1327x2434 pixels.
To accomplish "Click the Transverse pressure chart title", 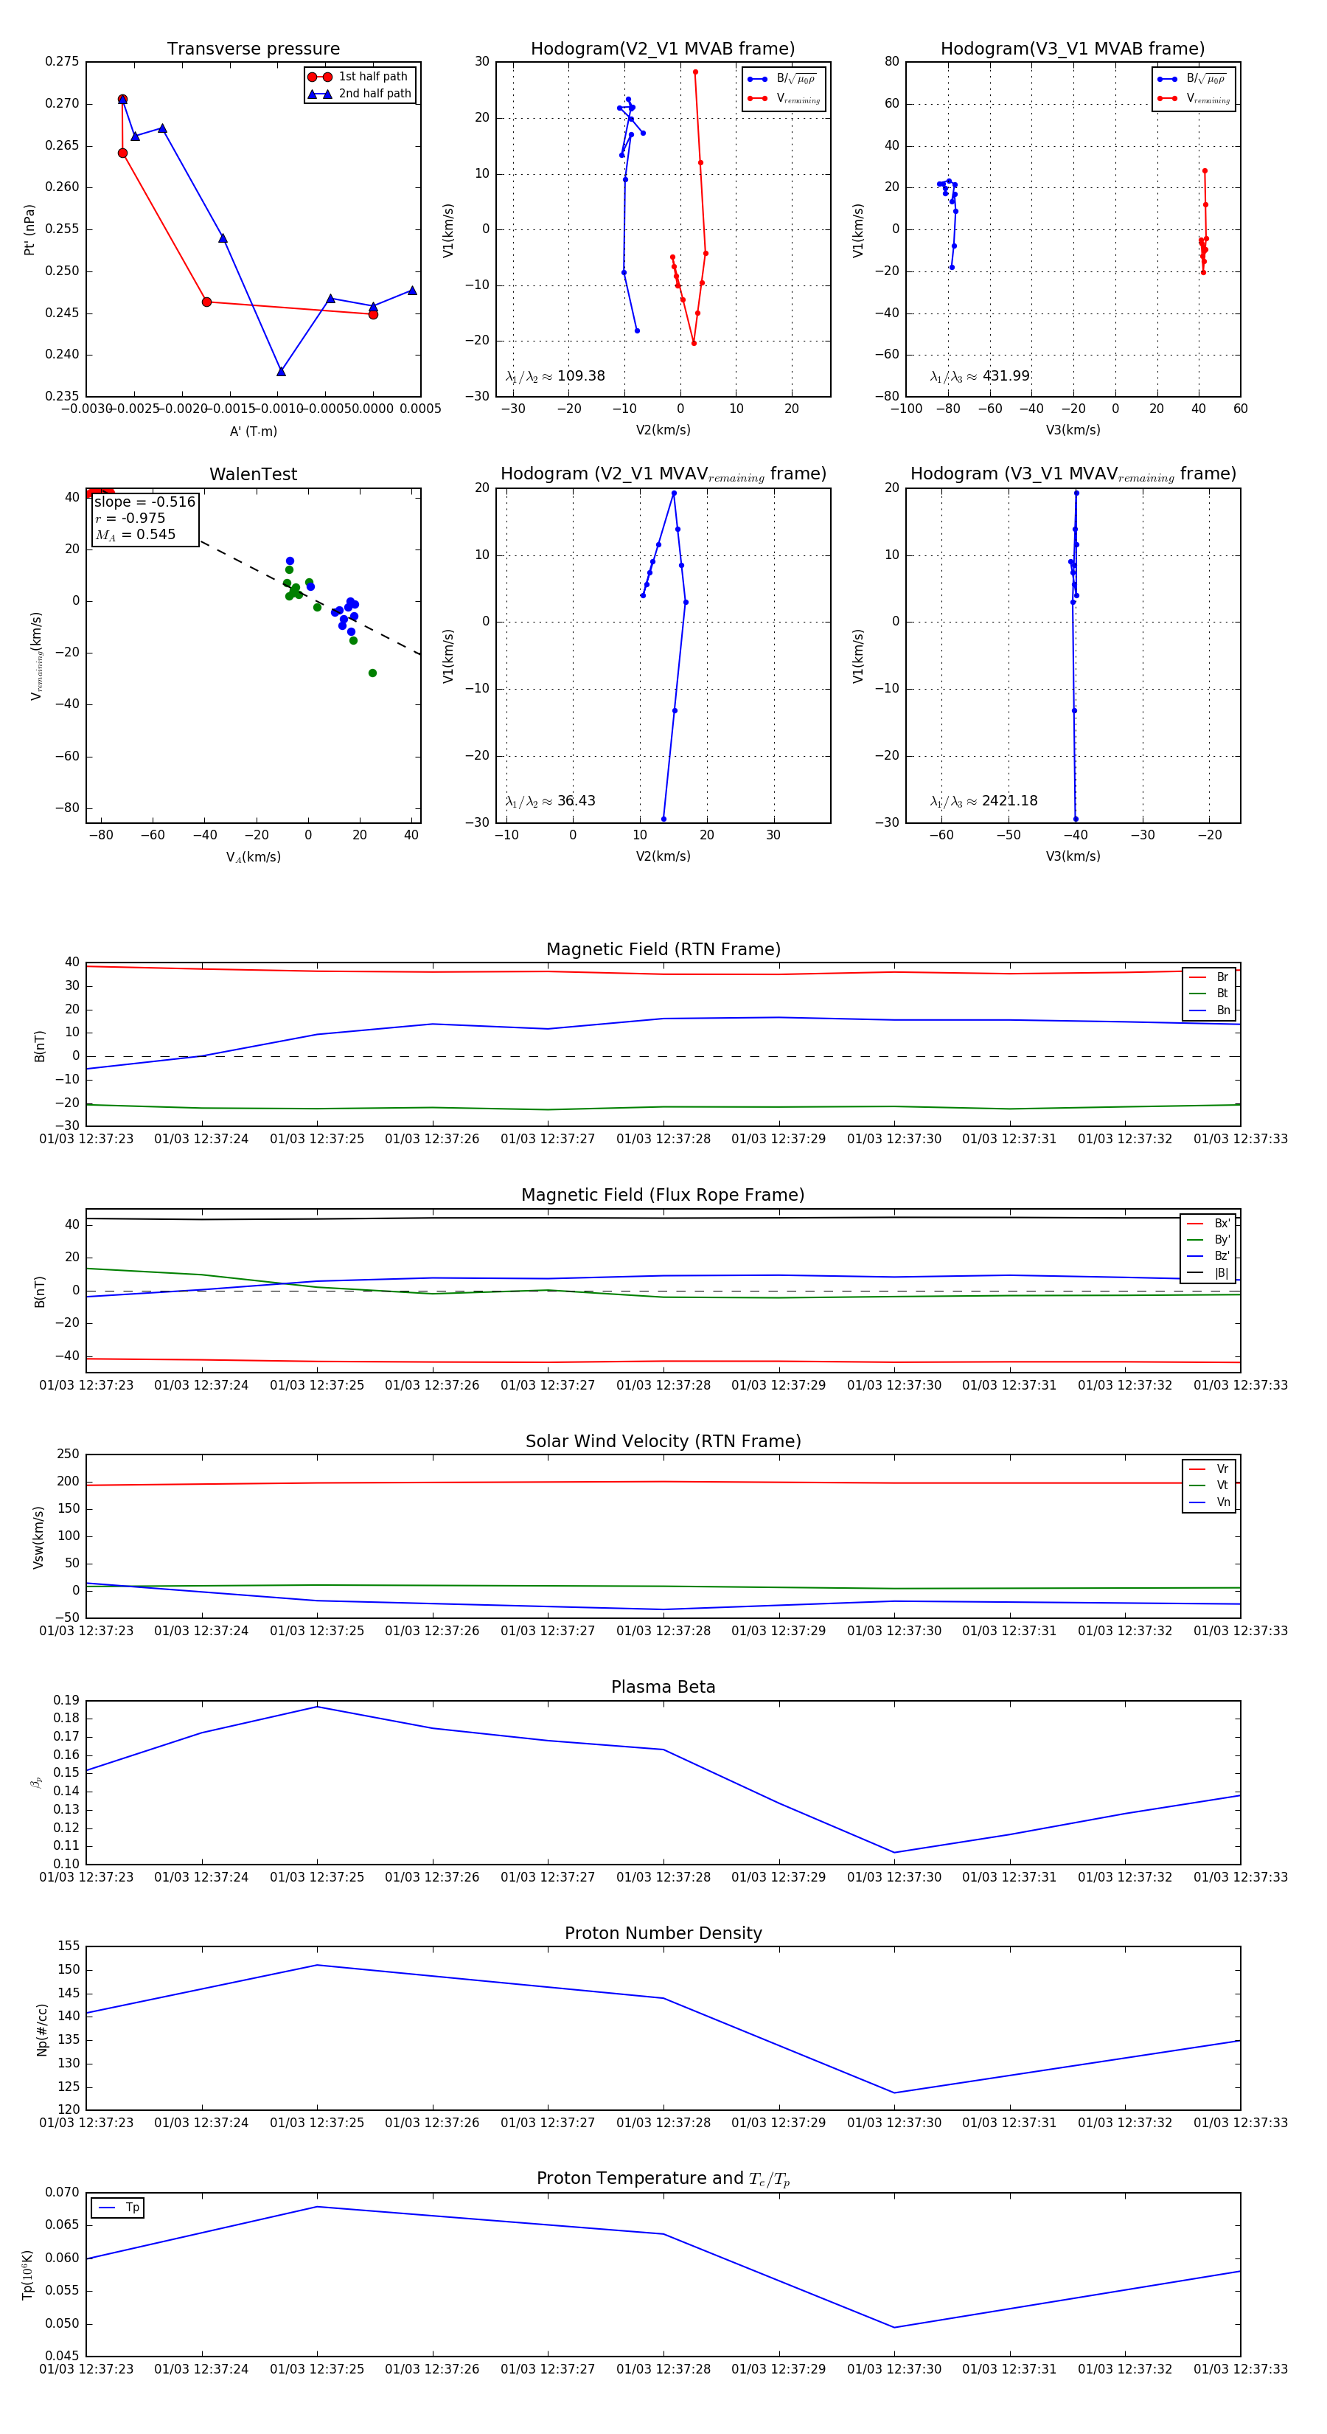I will click(x=253, y=49).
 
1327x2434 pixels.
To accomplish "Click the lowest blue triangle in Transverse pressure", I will click(x=280, y=371).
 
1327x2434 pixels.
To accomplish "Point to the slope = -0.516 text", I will click(x=144, y=502).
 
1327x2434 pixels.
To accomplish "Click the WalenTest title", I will click(x=253, y=474).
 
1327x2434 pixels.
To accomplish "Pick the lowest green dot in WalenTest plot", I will click(x=372, y=673).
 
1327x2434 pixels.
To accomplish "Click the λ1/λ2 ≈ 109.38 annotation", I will click(x=555, y=376).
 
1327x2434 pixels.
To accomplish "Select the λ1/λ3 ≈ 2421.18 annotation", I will click(x=983, y=801).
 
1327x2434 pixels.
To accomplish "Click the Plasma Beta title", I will click(x=663, y=1687).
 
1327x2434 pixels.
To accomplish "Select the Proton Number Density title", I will click(x=663, y=1933).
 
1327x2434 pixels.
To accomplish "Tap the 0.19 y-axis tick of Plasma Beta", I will click(x=66, y=1701).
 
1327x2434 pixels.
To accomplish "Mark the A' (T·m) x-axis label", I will click(x=253, y=431).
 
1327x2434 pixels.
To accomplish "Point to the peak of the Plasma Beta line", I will click(x=317, y=1707).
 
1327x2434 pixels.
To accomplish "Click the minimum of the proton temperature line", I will click(x=894, y=2327).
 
